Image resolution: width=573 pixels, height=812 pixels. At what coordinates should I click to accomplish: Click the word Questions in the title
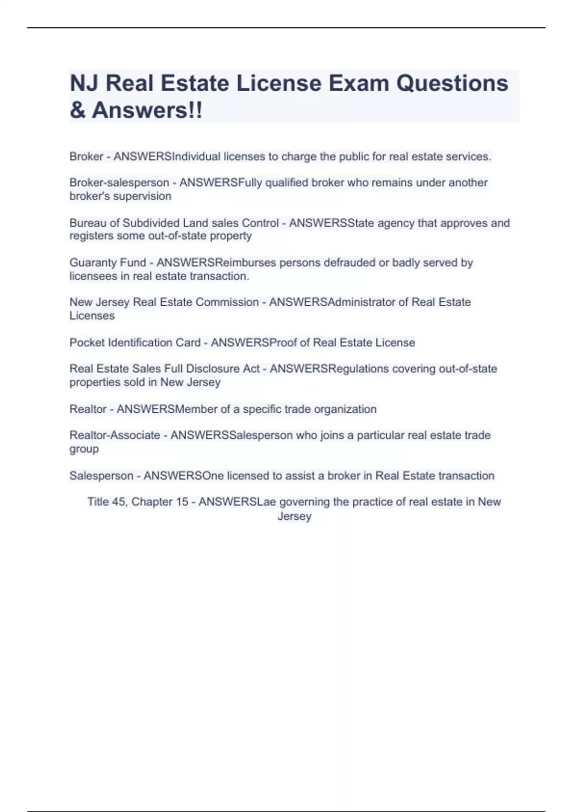(452, 83)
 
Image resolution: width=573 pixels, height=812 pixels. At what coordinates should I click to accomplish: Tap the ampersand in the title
(77, 110)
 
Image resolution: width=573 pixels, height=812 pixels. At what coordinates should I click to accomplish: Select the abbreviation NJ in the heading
(84, 83)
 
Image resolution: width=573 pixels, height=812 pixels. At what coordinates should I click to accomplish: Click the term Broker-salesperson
(119, 182)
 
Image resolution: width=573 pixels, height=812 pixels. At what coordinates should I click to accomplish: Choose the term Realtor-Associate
(115, 435)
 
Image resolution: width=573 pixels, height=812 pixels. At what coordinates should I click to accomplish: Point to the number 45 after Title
(118, 502)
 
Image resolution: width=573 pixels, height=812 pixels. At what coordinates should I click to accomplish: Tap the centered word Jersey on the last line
(294, 516)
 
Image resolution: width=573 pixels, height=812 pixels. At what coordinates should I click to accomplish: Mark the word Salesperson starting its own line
(101, 476)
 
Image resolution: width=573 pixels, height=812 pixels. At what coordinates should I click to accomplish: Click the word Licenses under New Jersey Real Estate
(92, 316)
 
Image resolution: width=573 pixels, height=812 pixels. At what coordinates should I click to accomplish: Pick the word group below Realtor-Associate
(84, 449)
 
